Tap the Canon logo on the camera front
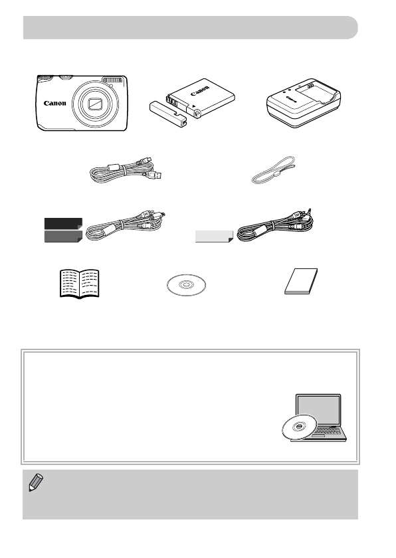pos(55,104)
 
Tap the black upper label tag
pos(63,223)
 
